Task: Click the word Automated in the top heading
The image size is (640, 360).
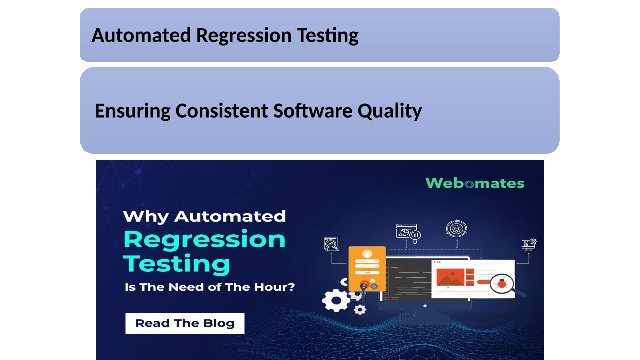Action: tap(141, 35)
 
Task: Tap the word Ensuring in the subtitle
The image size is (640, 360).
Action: tap(133, 111)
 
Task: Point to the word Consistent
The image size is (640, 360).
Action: tap(222, 111)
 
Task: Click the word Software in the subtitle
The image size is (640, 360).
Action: tap(313, 111)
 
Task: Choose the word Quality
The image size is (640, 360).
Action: tap(390, 111)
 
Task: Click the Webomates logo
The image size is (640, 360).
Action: tap(475, 183)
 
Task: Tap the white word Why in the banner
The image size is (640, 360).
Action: tap(146, 217)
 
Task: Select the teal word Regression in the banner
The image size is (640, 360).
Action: tap(204, 240)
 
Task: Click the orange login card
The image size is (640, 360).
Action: tap(367, 268)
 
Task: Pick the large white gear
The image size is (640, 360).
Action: tap(336, 300)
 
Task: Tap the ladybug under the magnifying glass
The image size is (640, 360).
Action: tap(502, 283)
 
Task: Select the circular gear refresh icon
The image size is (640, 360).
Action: tap(456, 228)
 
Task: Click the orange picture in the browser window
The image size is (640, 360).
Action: tap(450, 277)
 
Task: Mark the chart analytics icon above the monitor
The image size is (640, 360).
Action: tap(408, 233)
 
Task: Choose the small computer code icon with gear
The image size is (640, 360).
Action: tap(529, 245)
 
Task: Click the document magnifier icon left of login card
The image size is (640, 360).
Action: tap(331, 244)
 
